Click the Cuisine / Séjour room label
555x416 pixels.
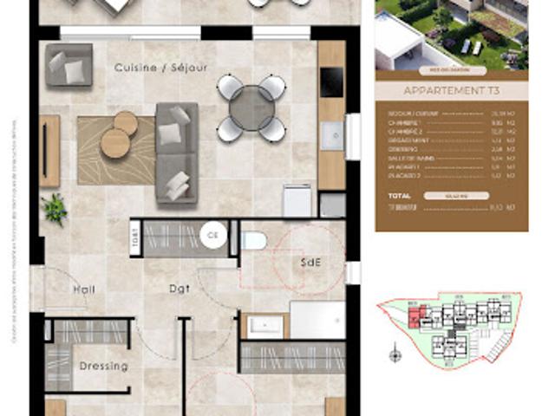tap(161, 68)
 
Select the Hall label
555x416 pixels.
tap(84, 289)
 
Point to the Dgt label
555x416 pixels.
tap(180, 289)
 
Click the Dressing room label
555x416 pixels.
tap(103, 366)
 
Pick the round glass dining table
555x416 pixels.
tap(251, 107)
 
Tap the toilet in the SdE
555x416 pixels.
tap(252, 240)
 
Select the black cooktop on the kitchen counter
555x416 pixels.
tap(330, 83)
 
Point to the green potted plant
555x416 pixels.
tap(55, 208)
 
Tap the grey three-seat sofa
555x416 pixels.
tap(177, 153)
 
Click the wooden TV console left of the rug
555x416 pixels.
tap(49, 151)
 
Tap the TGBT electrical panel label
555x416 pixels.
tap(134, 237)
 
